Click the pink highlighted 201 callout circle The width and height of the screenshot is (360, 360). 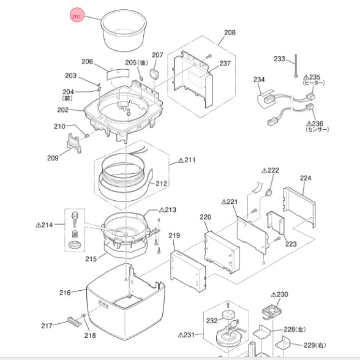tap(77, 15)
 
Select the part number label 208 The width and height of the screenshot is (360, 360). tap(230, 32)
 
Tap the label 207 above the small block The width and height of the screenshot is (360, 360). tap(157, 55)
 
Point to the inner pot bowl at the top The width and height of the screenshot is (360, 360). tap(124, 30)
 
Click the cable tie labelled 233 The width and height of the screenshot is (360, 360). tap(296, 66)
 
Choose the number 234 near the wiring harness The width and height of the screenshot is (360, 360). tap(259, 80)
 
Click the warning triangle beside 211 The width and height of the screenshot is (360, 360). tap(181, 160)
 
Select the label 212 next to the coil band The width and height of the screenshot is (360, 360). tap(162, 184)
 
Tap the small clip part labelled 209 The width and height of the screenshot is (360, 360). tap(74, 143)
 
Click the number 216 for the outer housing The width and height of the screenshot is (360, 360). tap(65, 293)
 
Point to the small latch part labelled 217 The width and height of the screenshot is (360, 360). tap(74, 321)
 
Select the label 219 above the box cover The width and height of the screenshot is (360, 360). tap(174, 235)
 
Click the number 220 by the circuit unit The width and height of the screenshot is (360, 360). tap(205, 217)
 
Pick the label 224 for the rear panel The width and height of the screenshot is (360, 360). tap(306, 178)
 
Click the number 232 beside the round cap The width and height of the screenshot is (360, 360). tap(212, 320)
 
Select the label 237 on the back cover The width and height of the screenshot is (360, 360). tap(225, 63)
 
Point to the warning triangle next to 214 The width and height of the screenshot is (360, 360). tap(39, 225)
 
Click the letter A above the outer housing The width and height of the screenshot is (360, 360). tap(126, 279)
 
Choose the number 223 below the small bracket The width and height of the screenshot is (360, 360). tap(291, 244)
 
